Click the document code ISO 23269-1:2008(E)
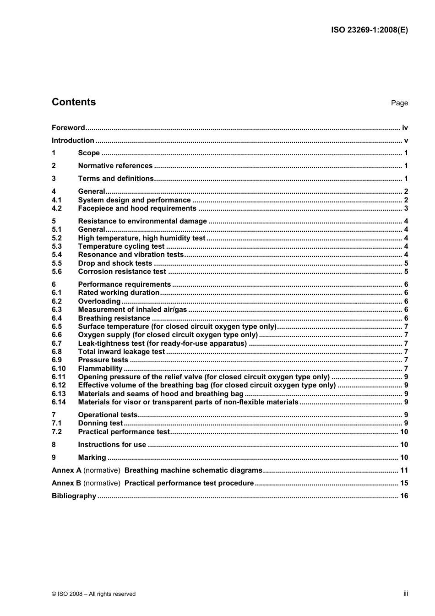click(369, 30)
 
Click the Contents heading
click(74, 102)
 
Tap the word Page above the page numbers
click(399, 103)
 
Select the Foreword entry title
click(68, 128)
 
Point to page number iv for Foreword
click(405, 128)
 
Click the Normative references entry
click(115, 166)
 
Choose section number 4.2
click(57, 208)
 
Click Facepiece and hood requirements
click(137, 208)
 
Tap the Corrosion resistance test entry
click(122, 272)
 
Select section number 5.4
click(57, 255)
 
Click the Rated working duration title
click(119, 293)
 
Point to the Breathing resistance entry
click(114, 318)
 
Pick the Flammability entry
click(100, 369)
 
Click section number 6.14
click(59, 402)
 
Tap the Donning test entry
click(100, 423)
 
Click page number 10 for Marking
click(404, 458)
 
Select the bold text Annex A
click(66, 470)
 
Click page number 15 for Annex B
click(404, 483)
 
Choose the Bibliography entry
click(74, 496)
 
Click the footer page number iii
click(406, 594)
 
